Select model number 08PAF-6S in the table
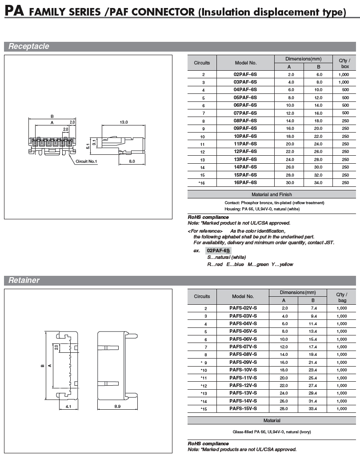(245, 121)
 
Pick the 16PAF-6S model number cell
(245, 182)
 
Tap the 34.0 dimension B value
(318, 182)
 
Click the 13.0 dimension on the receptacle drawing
(124, 122)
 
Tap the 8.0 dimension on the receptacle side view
(132, 161)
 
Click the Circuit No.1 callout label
(86, 161)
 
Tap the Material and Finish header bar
(272, 194)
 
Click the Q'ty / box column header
(344, 63)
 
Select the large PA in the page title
(14, 11)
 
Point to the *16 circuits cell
(202, 182)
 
